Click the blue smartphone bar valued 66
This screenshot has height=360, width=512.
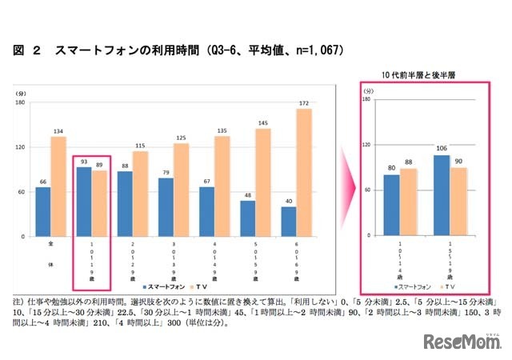tap(43, 212)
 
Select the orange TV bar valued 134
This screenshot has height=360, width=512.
tap(58, 186)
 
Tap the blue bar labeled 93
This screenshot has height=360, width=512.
tap(83, 202)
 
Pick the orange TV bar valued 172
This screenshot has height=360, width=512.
tap(304, 173)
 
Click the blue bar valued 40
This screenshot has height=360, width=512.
tap(288, 222)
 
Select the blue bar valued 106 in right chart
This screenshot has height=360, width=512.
tap(441, 195)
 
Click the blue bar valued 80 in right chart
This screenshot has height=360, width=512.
tap(391, 205)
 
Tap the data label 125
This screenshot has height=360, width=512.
tap(181, 138)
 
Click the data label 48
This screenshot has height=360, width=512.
tap(247, 195)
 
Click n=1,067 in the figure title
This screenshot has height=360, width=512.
tap(314, 50)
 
